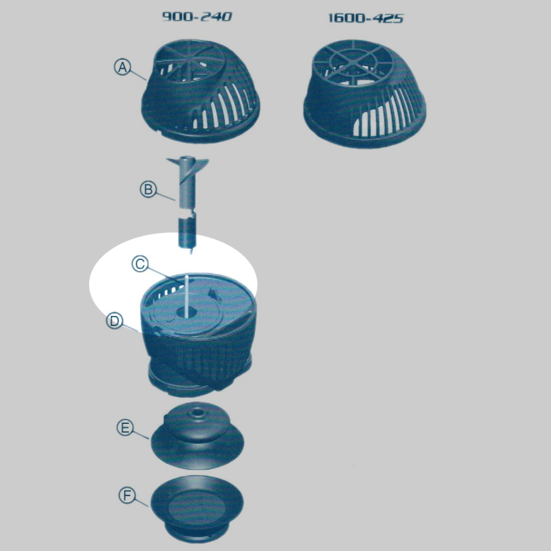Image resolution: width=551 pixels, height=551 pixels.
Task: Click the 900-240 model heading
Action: [x=197, y=16]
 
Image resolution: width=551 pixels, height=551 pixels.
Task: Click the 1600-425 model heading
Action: [x=365, y=18]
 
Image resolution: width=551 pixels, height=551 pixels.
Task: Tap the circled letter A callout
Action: [x=122, y=67]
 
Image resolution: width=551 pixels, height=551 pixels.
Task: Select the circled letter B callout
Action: [x=148, y=189]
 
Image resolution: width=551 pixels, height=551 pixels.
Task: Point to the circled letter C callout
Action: [x=140, y=264]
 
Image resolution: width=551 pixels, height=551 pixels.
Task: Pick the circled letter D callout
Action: [x=115, y=321]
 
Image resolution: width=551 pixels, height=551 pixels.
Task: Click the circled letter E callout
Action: [x=125, y=428]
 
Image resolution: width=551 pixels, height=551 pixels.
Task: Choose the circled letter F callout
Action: [x=127, y=496]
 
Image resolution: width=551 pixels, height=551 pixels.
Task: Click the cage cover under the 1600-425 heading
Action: [x=365, y=93]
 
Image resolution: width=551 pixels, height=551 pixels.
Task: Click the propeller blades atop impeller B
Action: [x=188, y=165]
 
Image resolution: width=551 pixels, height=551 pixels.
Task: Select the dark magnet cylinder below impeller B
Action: [x=187, y=232]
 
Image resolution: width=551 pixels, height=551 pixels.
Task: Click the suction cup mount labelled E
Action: [x=197, y=436]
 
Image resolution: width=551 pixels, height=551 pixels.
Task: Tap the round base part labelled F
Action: [x=197, y=509]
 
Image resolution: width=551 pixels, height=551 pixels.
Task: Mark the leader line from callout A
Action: [x=138, y=75]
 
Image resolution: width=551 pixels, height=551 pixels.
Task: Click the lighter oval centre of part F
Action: [x=197, y=507]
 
